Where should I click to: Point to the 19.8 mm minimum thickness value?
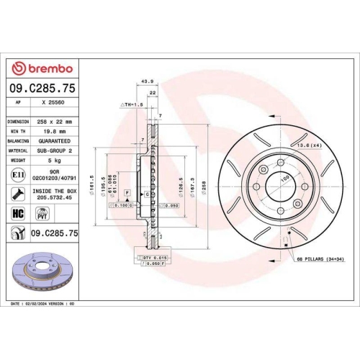[53, 132]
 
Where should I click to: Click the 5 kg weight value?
[55, 161]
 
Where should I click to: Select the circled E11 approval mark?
[18, 175]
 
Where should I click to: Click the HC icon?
[18, 214]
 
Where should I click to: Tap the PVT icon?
[42, 214]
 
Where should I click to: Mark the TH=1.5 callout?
[132, 104]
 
